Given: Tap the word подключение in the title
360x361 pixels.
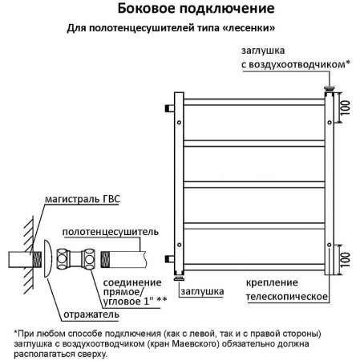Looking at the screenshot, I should pyautogui.click(x=227, y=10).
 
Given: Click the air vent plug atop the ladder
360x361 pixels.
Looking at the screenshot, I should pyautogui.click(x=328, y=83).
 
